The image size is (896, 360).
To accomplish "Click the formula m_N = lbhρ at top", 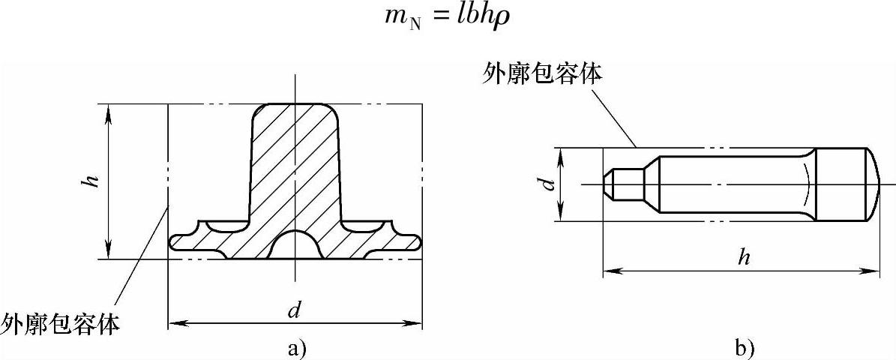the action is coord(447,17).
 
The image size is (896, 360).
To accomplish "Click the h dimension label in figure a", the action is coord(93,181).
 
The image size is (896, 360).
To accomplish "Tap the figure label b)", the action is coord(745,347).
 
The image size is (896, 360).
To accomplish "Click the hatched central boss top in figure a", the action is coord(295,116).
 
